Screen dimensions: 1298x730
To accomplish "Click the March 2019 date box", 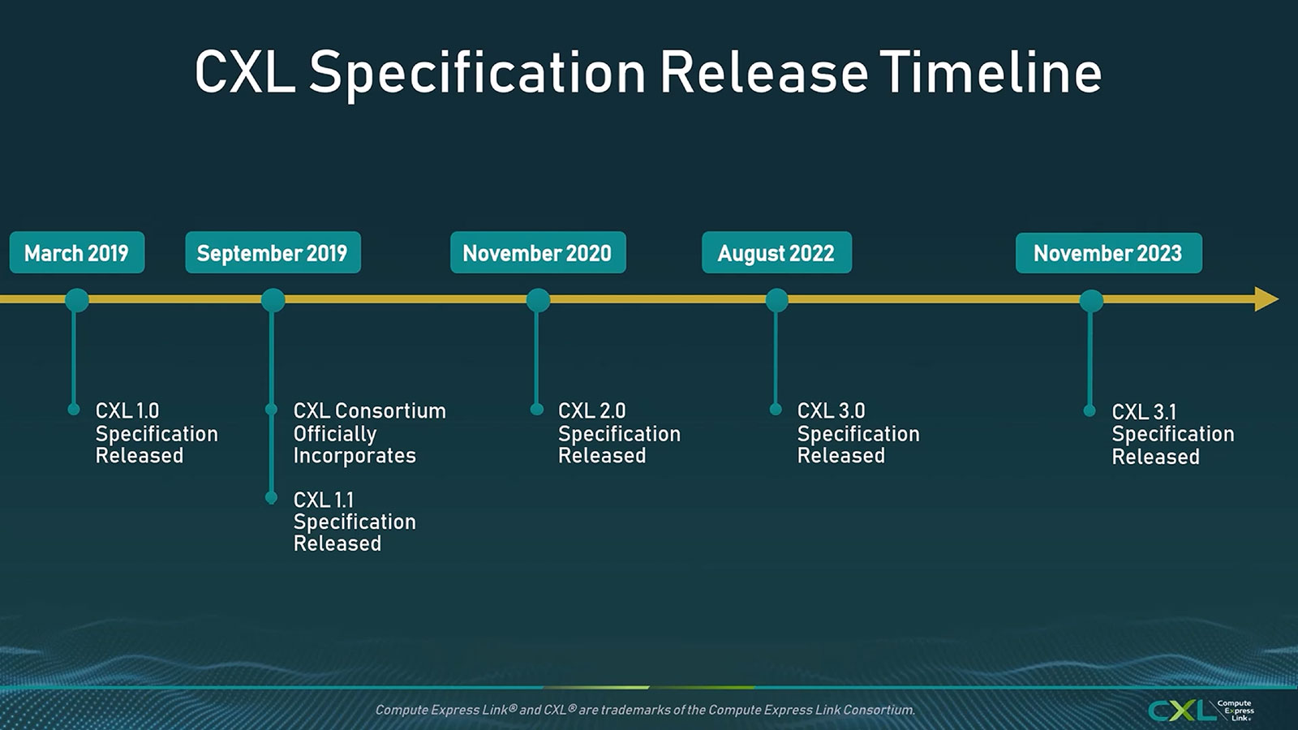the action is pos(77,252).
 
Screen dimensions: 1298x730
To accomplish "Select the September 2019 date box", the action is pos(273,252).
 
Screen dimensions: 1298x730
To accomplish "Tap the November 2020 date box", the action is pos(538,252).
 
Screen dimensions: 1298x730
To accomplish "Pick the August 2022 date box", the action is pos(776,252).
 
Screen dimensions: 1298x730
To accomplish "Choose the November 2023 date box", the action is pos(1108,253).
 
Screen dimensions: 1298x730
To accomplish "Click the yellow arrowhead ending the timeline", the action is pos(1266,299).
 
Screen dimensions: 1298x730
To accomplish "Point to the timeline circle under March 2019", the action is pos(77,301).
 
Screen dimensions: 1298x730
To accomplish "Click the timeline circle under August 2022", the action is pos(776,301).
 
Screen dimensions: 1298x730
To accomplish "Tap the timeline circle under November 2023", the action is pos(1091,301).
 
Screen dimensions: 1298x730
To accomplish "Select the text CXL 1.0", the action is pos(127,410).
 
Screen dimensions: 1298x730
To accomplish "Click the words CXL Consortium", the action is pos(370,410).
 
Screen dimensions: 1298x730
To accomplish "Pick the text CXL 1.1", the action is pos(324,500).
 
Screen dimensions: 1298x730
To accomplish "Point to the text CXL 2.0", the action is pos(591,410).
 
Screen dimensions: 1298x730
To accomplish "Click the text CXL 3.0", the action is pos(831,410).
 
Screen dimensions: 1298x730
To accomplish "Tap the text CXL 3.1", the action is pos(1144,412).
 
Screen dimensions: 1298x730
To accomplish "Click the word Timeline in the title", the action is pos(991,72).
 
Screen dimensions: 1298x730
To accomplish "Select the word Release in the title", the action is pos(764,72).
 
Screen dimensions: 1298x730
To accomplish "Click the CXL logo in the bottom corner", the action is pos(1201,711).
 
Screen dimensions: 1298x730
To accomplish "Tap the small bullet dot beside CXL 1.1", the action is pos(271,497).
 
